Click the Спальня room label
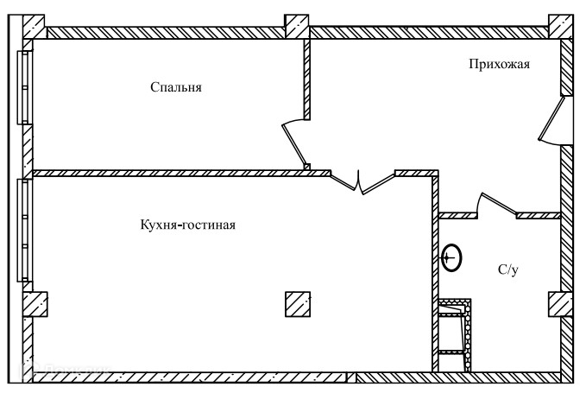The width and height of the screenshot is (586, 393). (x=175, y=87)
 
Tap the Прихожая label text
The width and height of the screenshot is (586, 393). (x=499, y=63)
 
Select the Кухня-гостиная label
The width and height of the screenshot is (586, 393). (x=187, y=225)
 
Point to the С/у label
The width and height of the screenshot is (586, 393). (x=508, y=270)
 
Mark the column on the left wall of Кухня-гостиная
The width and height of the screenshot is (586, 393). (x=34, y=303)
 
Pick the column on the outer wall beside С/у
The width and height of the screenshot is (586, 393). (x=560, y=304)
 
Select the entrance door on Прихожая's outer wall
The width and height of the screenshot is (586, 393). (x=552, y=119)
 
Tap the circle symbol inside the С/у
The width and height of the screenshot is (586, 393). (x=451, y=257)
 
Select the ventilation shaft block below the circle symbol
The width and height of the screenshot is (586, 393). (x=455, y=335)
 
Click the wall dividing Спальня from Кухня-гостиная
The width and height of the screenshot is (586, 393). (x=181, y=173)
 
